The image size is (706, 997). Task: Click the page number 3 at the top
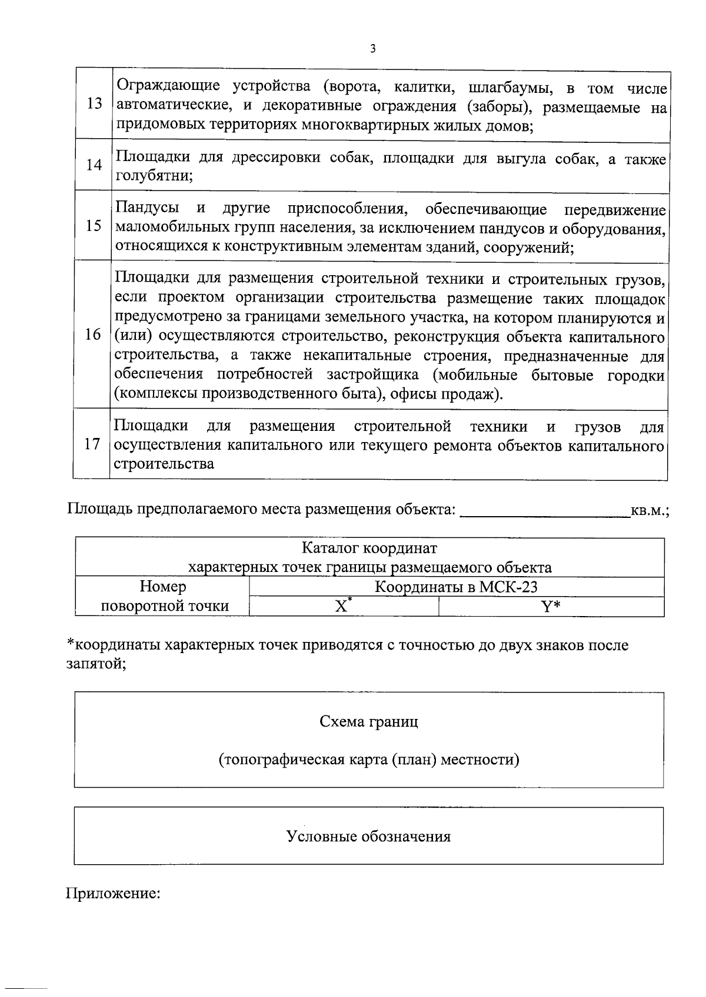[x=372, y=49]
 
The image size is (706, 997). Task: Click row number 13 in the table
[x=94, y=104]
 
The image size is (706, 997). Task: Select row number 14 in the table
[x=94, y=165]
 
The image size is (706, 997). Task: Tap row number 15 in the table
[x=94, y=226]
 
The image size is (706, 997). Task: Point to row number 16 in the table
[x=93, y=335]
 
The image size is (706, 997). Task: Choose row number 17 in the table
[x=92, y=444]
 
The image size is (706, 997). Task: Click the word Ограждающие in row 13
[x=169, y=86]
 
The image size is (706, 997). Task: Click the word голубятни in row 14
[x=154, y=176]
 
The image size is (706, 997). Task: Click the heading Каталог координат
[x=369, y=548]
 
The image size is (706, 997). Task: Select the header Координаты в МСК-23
[x=456, y=587]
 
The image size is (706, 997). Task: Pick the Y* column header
[x=551, y=607]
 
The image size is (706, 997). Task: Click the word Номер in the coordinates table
[x=163, y=587]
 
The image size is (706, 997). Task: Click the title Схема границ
[x=369, y=721]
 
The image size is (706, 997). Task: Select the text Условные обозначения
[x=368, y=836]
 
